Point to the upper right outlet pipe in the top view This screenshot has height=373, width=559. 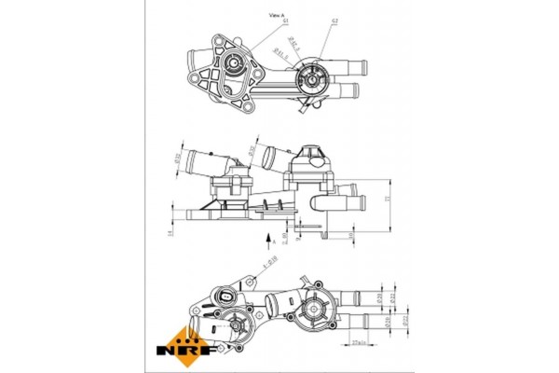[x=357, y=65]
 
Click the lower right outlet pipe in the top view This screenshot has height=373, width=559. [x=349, y=91]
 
